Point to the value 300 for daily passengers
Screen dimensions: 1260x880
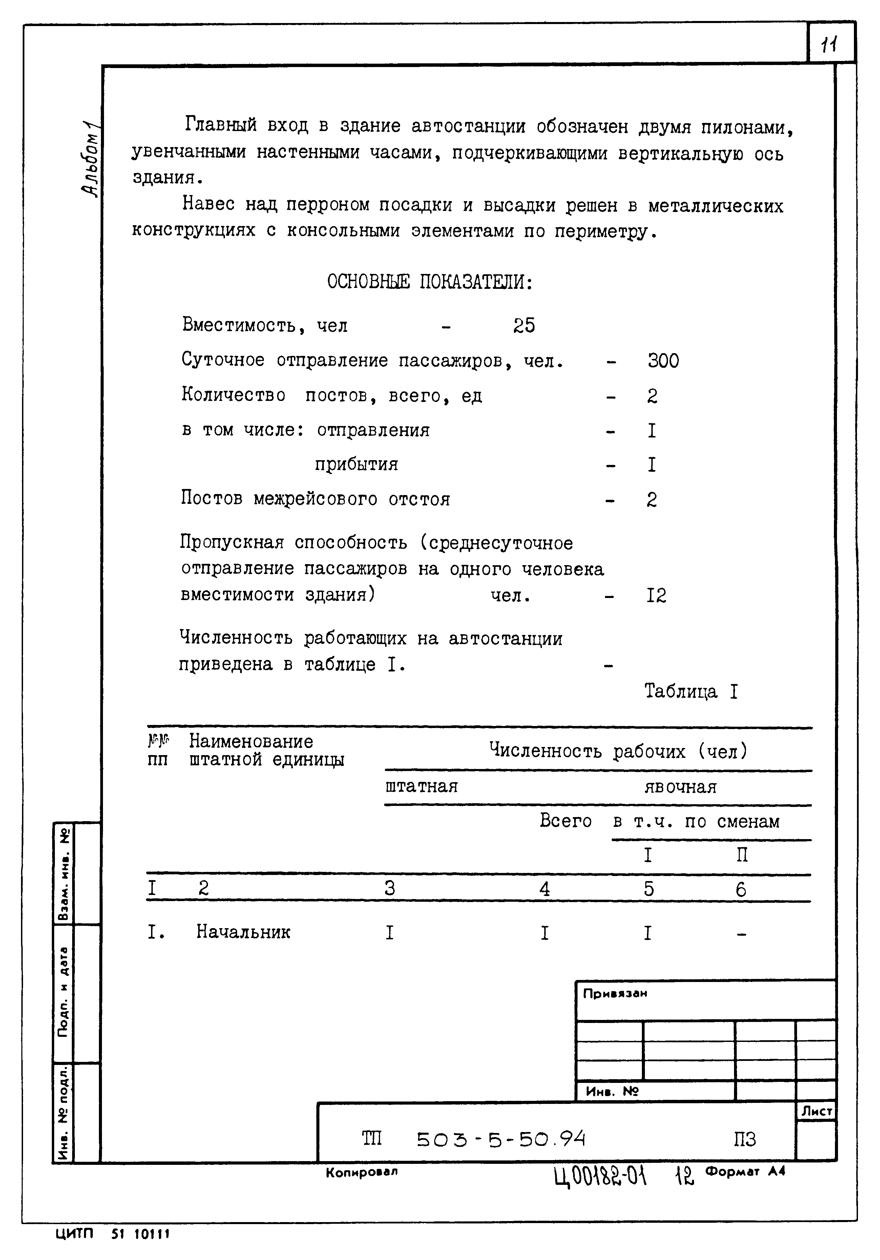tap(663, 361)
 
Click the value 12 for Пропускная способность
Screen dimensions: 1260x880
tap(656, 595)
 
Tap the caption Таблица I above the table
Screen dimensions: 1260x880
tap(691, 691)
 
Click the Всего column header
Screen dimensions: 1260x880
tap(565, 820)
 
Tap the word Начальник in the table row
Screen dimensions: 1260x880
tap(243, 931)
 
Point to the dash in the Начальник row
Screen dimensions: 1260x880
tap(741, 933)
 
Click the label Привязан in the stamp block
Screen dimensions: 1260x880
tap(615, 993)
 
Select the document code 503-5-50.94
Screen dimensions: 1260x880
tap(501, 1140)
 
